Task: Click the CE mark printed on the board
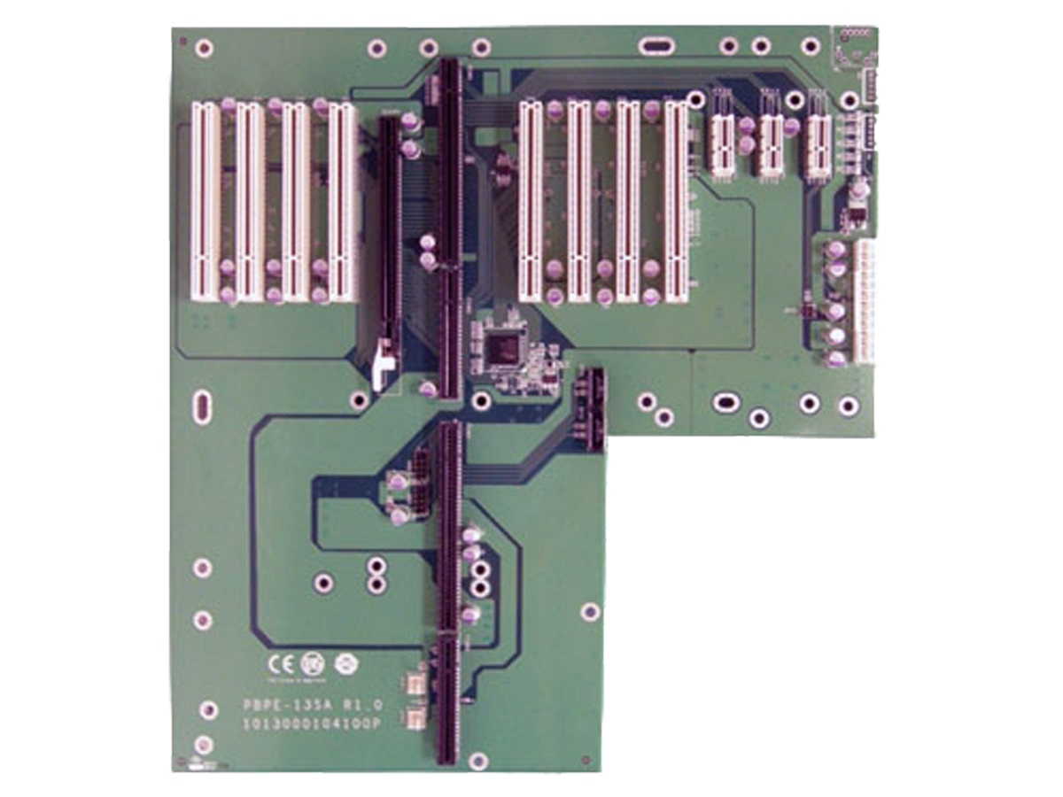[x=278, y=663]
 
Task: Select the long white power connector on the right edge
[x=864, y=300]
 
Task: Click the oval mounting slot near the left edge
[x=202, y=407]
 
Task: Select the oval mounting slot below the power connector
[x=724, y=403]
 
